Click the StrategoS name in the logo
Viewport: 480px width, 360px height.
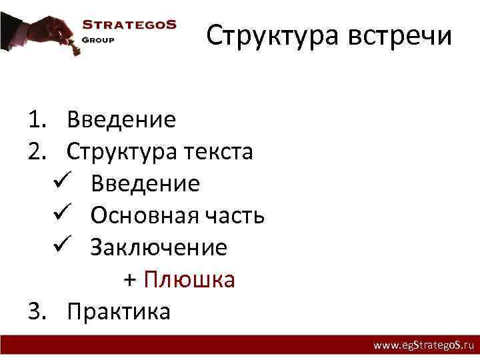click(129, 25)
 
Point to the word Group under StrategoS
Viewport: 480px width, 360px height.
click(99, 39)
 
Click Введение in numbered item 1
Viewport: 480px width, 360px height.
click(121, 120)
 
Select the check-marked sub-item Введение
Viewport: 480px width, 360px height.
click(145, 183)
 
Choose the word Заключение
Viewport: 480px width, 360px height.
click(159, 247)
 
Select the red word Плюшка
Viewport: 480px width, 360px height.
click(189, 279)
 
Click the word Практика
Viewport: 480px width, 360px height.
click(119, 311)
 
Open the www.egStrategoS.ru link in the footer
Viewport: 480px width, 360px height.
click(423, 346)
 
